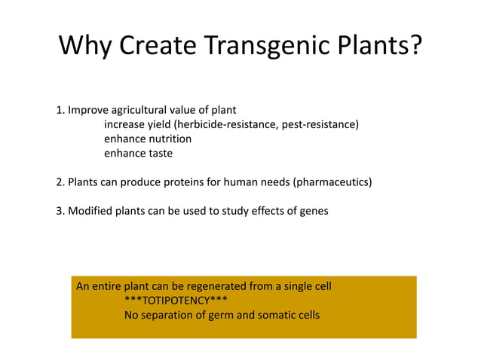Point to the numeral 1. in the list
(x=60, y=110)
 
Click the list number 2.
(x=60, y=182)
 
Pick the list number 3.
(x=60, y=211)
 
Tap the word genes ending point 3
(x=313, y=211)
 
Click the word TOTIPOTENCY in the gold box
(x=176, y=301)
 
